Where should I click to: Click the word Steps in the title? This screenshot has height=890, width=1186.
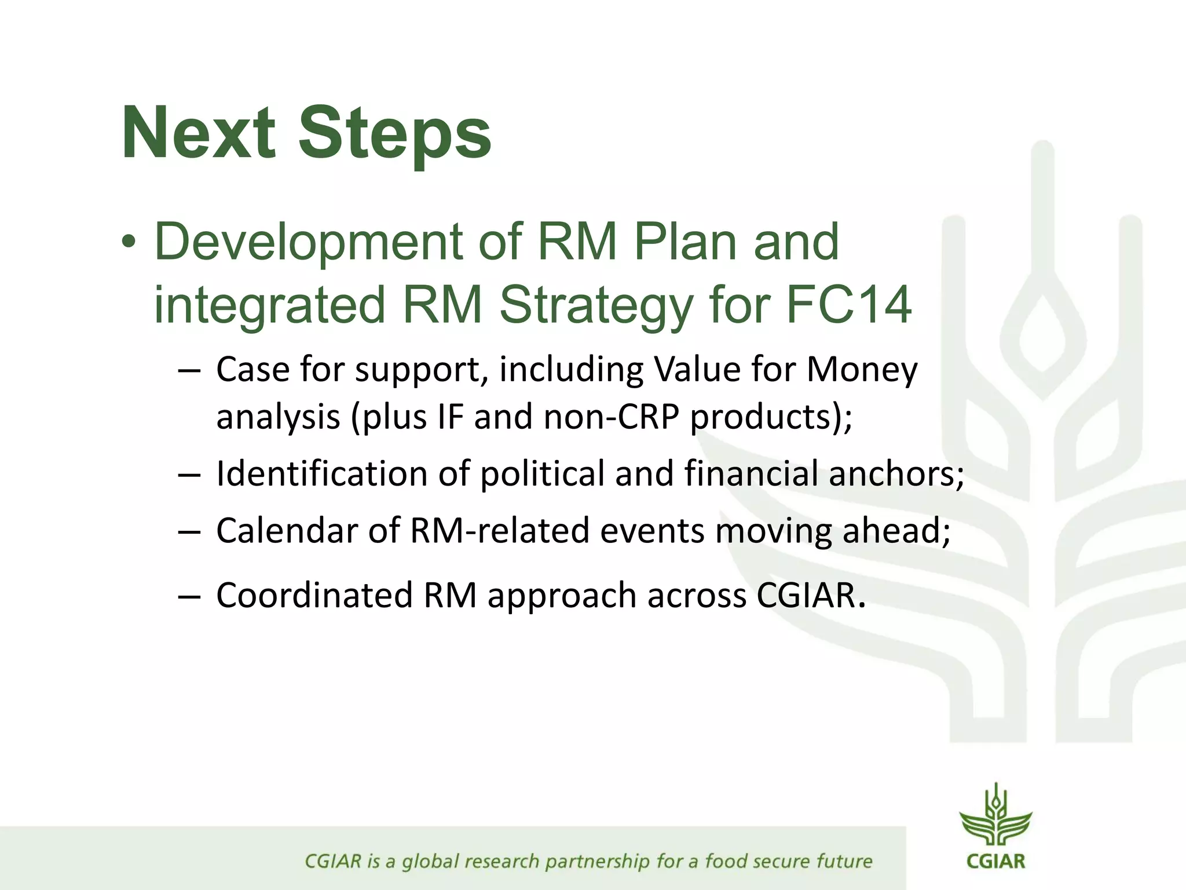[x=394, y=134]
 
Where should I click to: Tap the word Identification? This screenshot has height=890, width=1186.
[x=321, y=473]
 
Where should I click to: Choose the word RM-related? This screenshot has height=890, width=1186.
[x=499, y=531]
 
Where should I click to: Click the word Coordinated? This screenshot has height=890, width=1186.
[x=314, y=596]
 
